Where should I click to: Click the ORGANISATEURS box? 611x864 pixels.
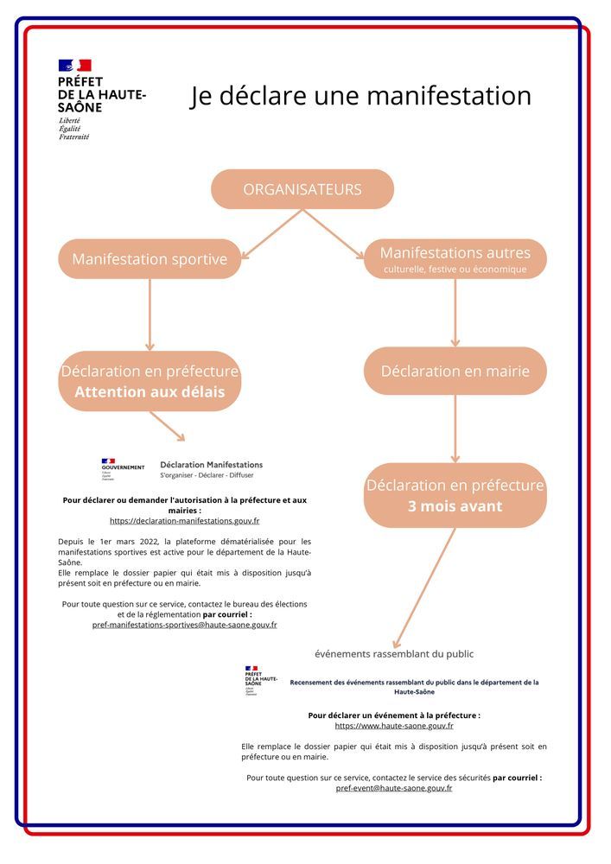point(302,189)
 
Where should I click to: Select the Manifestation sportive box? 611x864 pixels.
point(150,259)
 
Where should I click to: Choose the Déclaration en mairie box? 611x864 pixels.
point(455,371)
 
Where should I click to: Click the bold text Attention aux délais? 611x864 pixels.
point(150,392)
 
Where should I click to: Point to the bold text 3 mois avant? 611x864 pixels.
point(455,505)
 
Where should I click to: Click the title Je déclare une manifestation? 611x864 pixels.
point(360,95)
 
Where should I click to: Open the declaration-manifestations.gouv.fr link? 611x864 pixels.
point(184,521)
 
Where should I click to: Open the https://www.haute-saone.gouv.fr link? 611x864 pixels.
point(394,726)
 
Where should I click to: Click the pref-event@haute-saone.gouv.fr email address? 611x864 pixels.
point(394,788)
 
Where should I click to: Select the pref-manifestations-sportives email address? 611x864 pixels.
point(184,624)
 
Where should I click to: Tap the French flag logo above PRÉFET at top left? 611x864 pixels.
point(74,65)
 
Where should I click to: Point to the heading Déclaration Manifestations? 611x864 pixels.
point(212,464)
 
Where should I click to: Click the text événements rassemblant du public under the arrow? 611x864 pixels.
point(393,654)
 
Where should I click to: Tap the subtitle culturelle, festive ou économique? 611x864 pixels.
point(455,270)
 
